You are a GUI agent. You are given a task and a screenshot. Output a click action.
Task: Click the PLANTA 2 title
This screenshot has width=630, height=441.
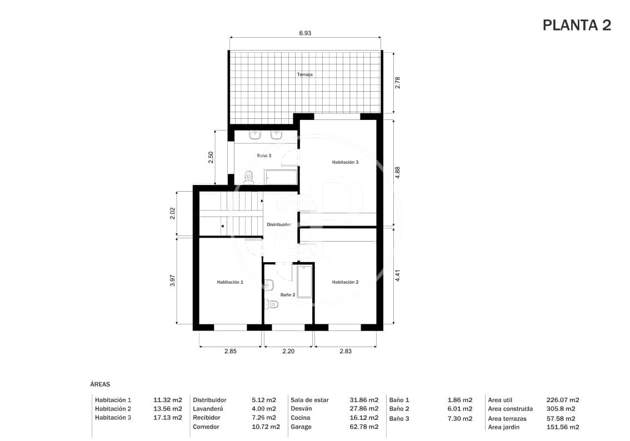click(576, 26)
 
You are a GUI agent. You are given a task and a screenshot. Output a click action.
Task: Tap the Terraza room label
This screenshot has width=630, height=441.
click(305, 74)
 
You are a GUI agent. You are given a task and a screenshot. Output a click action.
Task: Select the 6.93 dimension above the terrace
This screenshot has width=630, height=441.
click(305, 33)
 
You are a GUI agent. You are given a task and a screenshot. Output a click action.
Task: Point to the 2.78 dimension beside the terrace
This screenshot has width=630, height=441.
click(397, 83)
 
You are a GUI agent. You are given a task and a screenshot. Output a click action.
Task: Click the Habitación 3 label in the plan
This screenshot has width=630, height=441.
click(345, 162)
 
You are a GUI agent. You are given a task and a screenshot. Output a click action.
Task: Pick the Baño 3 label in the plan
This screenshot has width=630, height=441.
click(264, 156)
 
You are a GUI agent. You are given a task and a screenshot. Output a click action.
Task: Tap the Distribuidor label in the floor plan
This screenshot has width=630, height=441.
click(279, 224)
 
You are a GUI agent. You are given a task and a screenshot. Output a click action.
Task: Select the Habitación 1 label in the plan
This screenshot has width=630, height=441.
click(230, 282)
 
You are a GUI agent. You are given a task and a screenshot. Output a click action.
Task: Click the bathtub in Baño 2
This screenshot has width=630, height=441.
click(304, 282)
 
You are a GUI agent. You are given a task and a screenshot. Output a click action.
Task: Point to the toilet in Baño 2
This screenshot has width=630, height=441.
click(272, 304)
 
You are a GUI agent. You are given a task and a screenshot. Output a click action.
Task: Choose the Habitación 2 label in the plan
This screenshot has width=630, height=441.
click(345, 282)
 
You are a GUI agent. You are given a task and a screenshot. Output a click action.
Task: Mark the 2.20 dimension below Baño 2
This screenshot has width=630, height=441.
click(288, 351)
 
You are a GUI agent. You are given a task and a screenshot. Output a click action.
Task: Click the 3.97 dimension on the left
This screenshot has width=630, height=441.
click(173, 281)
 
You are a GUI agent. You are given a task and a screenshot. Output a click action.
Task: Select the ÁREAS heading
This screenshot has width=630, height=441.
click(100, 384)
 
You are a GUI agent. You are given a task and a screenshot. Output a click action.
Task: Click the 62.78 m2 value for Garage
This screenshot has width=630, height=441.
click(364, 427)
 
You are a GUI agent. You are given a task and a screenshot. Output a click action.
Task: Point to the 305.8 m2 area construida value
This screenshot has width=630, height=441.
click(561, 409)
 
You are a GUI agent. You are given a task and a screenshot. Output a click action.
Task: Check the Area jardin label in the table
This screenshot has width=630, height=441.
click(504, 427)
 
